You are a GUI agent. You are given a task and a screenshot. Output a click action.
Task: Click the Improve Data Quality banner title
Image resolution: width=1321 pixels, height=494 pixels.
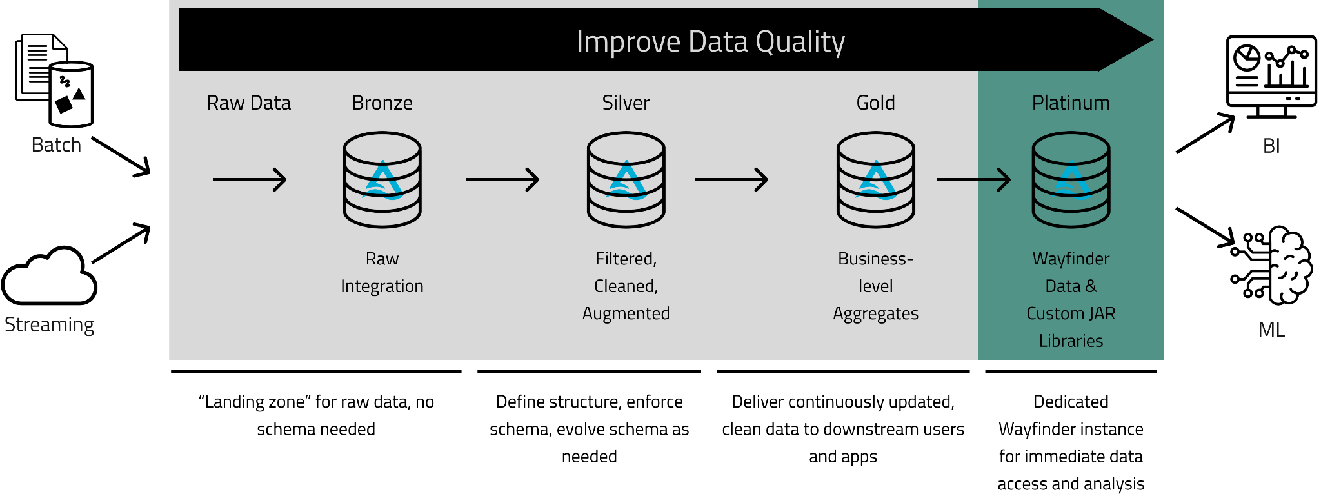pos(710,42)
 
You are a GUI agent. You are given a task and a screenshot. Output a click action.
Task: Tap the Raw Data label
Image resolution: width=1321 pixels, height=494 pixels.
pos(248,103)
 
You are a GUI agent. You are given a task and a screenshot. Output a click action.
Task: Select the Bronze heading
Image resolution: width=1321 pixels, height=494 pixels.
pos(382,103)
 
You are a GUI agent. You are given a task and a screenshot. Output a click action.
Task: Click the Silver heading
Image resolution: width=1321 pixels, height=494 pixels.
pos(626,103)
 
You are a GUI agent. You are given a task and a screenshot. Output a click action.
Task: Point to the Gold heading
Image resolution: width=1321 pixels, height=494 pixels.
pos(875,103)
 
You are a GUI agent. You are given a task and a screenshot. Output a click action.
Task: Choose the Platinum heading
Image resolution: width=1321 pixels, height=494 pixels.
pos(1071,103)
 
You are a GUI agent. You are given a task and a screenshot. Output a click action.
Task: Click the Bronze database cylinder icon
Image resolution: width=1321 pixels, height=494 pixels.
pos(382,180)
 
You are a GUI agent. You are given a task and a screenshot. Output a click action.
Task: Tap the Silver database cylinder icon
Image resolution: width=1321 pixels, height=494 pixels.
pos(626,180)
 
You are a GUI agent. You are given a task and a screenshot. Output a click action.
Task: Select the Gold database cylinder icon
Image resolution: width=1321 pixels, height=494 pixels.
pos(876,180)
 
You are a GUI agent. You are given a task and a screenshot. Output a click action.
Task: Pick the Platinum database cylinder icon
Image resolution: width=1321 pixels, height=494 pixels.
pos(1071,180)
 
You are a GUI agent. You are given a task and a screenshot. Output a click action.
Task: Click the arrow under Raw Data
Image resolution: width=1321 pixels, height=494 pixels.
pos(250,180)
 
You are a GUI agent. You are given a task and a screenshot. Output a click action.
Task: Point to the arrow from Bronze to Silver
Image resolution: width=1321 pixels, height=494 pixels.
pos(502,180)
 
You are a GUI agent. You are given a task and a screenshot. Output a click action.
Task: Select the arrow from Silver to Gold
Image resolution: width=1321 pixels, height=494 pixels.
pos(731,180)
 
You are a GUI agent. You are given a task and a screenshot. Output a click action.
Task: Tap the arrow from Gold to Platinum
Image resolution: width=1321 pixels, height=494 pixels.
pos(974,180)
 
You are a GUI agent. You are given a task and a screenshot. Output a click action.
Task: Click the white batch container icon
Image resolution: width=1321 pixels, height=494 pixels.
pos(71,94)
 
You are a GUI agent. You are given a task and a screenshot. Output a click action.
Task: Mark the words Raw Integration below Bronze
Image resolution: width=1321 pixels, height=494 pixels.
pos(382,272)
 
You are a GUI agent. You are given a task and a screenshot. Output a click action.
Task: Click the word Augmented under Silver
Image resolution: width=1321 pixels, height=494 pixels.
pos(626,313)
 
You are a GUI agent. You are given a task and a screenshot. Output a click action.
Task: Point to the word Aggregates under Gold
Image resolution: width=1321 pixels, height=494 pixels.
pos(875,313)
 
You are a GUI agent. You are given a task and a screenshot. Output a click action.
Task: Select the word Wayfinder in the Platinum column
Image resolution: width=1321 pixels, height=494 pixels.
pos(1071,259)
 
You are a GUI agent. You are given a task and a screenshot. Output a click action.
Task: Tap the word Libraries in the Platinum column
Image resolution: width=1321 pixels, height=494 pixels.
pos(1071,341)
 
